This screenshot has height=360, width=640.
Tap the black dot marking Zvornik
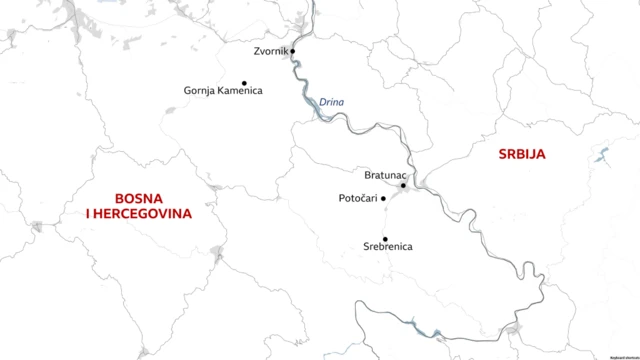[293, 50]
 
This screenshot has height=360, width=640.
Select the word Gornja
[200, 91]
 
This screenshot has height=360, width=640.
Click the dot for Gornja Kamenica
[244, 83]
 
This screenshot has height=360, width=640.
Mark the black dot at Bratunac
[403, 185]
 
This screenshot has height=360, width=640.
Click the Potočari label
[358, 199]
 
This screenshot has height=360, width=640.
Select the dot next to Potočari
[384, 198]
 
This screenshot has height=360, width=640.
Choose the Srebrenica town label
[385, 246]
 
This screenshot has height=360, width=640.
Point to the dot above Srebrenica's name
[385, 239]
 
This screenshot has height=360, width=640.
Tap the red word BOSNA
[139, 198]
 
